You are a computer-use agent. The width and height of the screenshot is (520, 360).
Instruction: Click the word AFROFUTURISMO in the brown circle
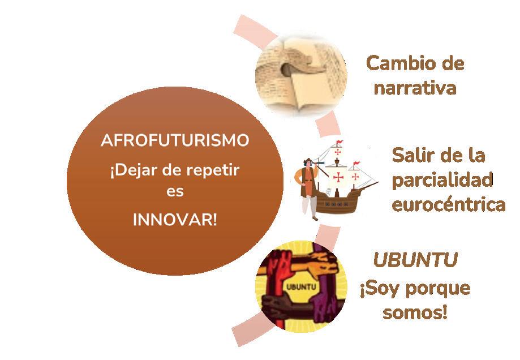point(174,141)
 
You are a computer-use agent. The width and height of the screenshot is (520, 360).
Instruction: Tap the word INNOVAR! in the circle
point(174,220)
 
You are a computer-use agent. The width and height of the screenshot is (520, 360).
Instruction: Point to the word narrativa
point(415,88)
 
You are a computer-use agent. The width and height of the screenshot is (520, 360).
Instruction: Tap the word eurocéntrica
point(448,204)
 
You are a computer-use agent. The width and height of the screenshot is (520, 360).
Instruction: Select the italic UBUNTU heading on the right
point(415,260)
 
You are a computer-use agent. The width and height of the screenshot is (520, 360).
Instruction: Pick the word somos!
point(415,312)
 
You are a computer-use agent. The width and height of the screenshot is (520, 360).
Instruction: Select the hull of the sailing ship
point(345,202)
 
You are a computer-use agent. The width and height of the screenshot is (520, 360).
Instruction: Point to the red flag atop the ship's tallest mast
point(339,142)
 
